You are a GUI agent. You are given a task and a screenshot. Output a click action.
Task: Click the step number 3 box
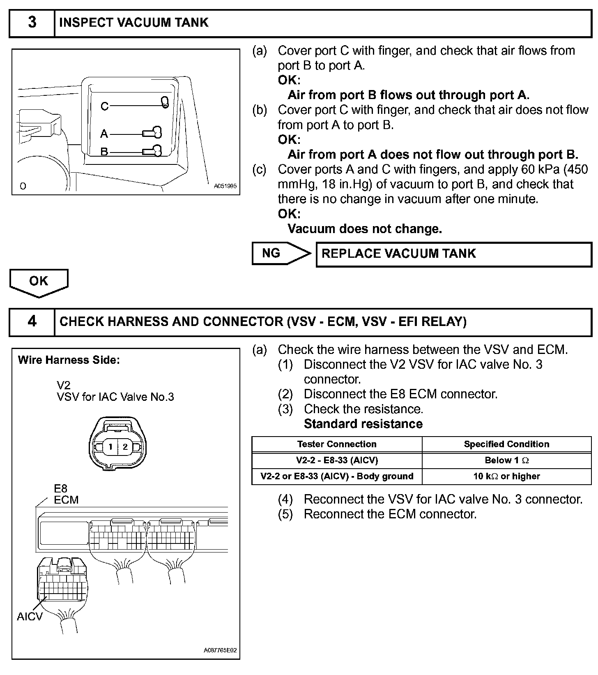(32, 23)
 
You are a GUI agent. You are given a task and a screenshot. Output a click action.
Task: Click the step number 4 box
(32, 321)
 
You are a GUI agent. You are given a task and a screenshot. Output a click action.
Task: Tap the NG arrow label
(271, 253)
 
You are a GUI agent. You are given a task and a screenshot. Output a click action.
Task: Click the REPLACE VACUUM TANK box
(453, 254)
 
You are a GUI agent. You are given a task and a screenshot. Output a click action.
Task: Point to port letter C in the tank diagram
(104, 106)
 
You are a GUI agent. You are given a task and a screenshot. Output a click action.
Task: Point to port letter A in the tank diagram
(104, 134)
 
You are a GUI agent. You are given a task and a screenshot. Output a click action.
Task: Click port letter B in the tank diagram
(104, 152)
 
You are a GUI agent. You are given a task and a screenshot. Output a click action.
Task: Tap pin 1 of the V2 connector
(110, 447)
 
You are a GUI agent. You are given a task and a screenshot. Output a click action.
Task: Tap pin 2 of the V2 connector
(125, 447)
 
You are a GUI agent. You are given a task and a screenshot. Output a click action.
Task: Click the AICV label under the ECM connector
(30, 617)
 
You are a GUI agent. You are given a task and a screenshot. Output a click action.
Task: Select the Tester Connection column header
(337, 444)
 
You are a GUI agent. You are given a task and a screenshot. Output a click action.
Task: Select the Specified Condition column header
(506, 444)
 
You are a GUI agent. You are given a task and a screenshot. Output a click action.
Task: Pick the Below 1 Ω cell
(506, 460)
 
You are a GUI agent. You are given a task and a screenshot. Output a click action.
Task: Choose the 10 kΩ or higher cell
(506, 476)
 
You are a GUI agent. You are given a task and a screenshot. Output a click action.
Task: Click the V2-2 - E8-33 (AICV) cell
(337, 460)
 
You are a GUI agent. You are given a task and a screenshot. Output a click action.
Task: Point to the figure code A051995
(225, 186)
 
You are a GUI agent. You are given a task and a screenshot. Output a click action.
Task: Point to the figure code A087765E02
(220, 651)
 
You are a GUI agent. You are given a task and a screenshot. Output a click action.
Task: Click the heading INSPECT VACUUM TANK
(134, 23)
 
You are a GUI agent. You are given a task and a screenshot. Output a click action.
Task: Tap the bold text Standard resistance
(363, 424)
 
